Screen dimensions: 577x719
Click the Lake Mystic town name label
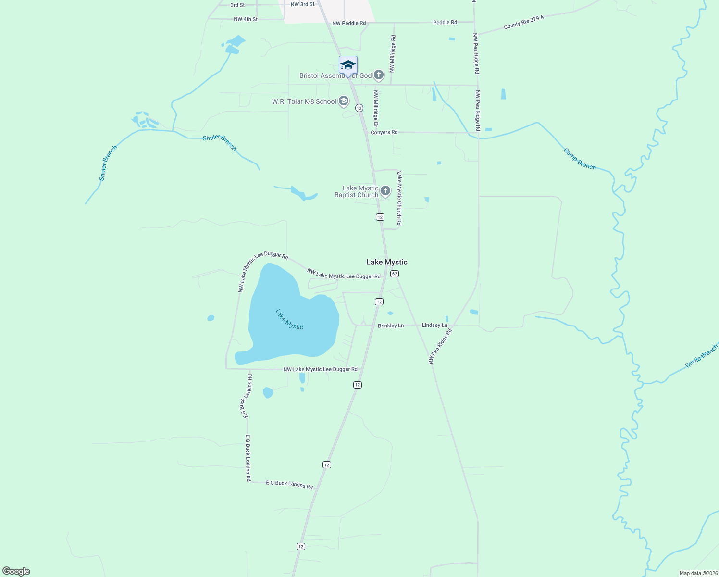click(386, 262)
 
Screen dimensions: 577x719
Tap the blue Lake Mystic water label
click(289, 319)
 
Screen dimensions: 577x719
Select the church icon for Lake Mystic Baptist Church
click(385, 191)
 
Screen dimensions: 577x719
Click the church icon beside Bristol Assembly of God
click(379, 75)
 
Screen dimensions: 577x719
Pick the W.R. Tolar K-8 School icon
click(344, 101)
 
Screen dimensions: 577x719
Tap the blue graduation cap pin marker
click(348, 65)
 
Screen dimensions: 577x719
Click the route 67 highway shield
click(395, 274)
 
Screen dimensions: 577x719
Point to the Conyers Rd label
click(384, 132)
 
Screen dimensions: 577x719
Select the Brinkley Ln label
click(391, 326)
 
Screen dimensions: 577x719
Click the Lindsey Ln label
click(434, 326)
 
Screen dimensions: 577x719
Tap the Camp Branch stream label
click(580, 159)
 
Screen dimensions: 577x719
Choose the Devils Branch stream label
click(701, 356)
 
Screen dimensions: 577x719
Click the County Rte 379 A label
click(524, 22)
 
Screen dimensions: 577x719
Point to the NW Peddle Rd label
click(349, 23)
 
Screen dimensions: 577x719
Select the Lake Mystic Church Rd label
click(399, 198)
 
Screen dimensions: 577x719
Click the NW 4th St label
click(246, 19)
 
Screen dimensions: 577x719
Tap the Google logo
click(16, 571)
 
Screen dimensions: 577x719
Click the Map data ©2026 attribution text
click(698, 573)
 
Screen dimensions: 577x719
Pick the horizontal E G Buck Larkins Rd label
click(289, 484)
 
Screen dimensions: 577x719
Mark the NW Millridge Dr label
click(376, 108)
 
